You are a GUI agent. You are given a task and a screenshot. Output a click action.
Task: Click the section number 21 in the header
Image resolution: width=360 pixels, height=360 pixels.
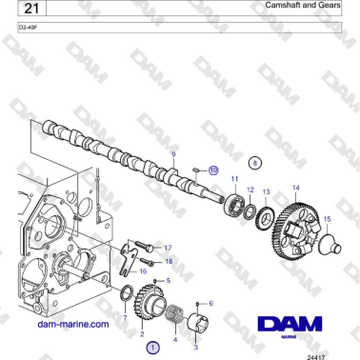coord(28,9)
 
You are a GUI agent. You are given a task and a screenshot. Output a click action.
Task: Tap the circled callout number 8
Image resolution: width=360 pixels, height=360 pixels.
coord(254,163)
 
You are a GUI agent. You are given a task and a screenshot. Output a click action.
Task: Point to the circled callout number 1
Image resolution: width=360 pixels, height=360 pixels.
coord(151,348)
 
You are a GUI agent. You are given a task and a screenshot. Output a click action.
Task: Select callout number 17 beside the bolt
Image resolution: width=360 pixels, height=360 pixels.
coord(168,247)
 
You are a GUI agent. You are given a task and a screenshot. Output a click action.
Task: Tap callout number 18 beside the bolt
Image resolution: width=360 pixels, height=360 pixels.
coord(169,261)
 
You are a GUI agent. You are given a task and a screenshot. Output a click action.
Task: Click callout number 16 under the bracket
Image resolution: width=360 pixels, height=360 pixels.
coord(144,271)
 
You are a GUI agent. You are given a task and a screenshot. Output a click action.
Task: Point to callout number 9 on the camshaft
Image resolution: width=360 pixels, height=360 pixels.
coord(173,153)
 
